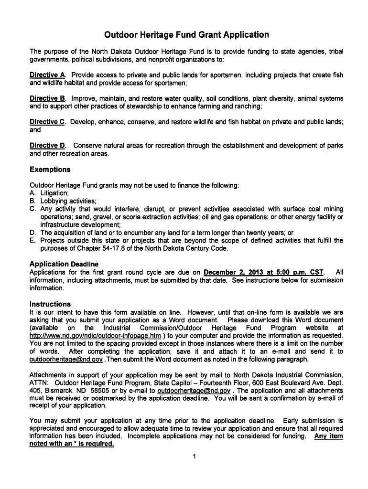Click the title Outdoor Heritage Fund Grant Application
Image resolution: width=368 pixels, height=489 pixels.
click(x=187, y=35)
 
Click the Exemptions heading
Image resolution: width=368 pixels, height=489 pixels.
click(x=50, y=170)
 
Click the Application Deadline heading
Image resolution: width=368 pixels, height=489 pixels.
click(x=64, y=264)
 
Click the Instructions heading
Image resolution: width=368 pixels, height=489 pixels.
click(x=50, y=304)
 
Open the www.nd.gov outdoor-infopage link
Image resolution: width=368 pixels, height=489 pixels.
click(x=95, y=336)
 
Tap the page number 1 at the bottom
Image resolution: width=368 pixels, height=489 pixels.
click(x=195, y=457)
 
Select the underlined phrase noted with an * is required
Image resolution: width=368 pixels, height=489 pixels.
click(x=72, y=444)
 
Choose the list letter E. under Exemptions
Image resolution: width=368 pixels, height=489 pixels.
click(x=32, y=241)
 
